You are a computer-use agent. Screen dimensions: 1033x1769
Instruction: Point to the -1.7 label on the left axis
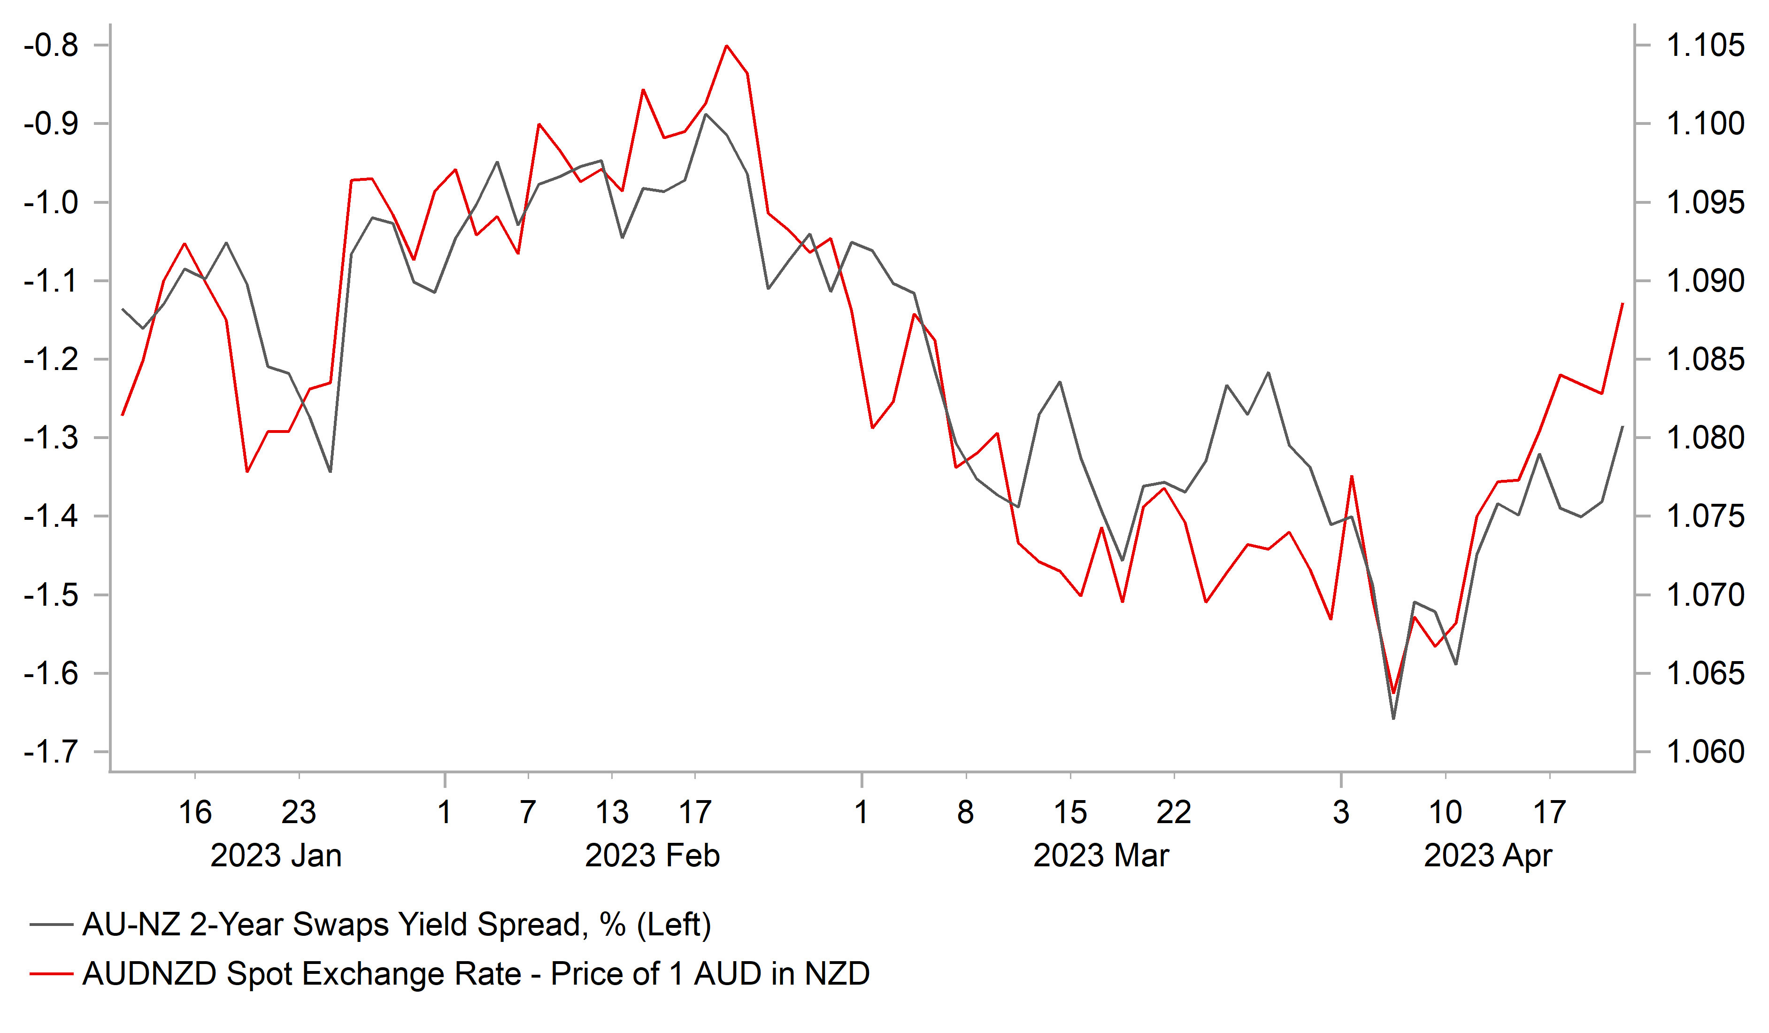pos(51,752)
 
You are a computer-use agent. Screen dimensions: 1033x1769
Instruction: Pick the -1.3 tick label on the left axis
pos(51,438)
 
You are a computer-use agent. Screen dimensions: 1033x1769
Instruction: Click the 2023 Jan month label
pos(276,856)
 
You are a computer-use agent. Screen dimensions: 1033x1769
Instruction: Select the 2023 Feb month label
pos(652,856)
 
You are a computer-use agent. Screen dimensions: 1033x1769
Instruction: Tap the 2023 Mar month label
pos(1101,856)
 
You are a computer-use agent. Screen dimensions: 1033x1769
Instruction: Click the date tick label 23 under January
pos(299,812)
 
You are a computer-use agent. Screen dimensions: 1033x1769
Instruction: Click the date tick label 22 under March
pos(1174,812)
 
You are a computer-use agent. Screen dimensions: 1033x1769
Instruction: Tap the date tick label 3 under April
pos(1341,812)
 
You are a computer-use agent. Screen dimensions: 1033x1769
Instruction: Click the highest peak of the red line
pos(727,46)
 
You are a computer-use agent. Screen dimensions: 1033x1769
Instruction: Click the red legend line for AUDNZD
pos(51,974)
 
